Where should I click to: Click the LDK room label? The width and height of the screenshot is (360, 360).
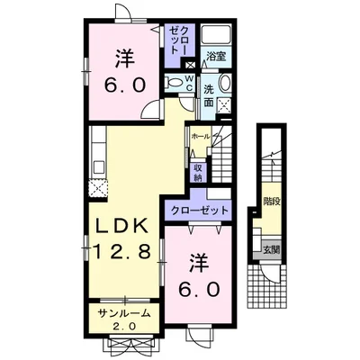[x=121, y=226]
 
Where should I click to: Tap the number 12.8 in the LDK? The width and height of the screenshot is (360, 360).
[x=121, y=251]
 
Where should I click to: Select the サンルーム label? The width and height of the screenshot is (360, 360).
[x=124, y=313]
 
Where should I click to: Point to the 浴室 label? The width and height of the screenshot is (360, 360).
[x=216, y=56]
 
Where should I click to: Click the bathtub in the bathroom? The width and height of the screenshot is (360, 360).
[x=215, y=34]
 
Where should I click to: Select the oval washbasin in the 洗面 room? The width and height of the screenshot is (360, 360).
[x=225, y=83]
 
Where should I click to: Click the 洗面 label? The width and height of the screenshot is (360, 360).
[x=209, y=95]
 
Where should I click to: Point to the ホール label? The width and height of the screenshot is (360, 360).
[x=201, y=137]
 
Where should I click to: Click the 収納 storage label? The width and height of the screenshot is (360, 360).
[x=197, y=173]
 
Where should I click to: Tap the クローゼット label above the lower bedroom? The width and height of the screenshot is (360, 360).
[x=200, y=211]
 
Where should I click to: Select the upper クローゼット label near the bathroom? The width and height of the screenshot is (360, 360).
[x=179, y=40]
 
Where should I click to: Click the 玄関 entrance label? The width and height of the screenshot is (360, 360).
[x=271, y=249]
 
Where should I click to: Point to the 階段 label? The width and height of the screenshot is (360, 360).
[x=272, y=201]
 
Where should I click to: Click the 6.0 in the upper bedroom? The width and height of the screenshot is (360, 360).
[x=125, y=85]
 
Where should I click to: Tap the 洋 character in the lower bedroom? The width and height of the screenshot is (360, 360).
[x=199, y=263]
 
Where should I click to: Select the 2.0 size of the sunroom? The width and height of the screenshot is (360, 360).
[x=124, y=326]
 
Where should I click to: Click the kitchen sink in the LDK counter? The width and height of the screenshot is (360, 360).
[x=99, y=166]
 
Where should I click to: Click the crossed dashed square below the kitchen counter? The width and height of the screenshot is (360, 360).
[x=98, y=188]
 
